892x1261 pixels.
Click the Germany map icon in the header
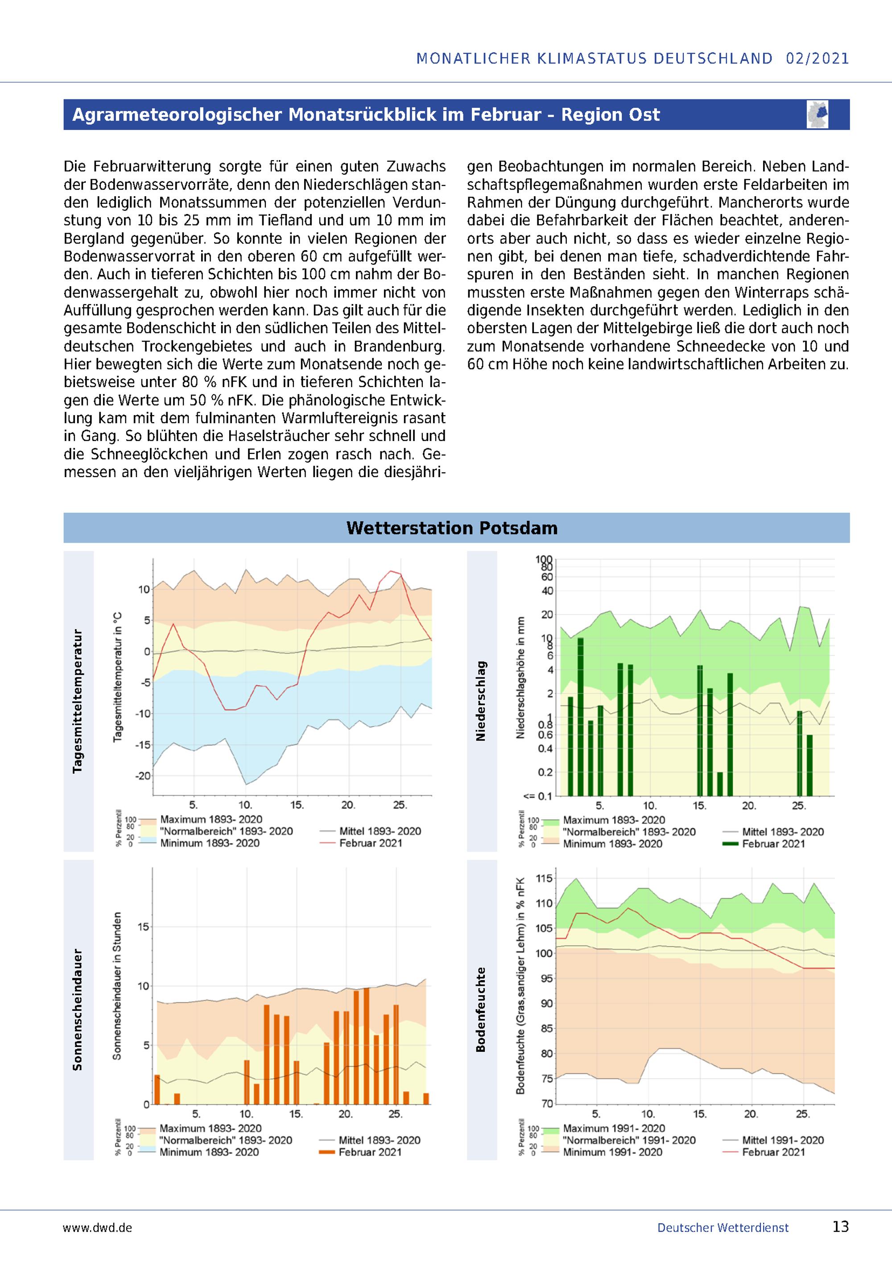(818, 114)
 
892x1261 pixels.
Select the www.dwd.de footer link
(97, 1228)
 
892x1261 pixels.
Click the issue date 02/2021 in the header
(818, 59)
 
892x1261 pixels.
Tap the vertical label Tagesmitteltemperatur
(78, 701)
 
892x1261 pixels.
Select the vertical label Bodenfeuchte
(481, 1010)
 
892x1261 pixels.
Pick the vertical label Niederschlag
(481, 701)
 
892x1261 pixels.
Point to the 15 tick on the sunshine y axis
(143, 927)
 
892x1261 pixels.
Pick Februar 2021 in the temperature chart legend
(371, 843)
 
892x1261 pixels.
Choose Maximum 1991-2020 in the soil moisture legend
(614, 1129)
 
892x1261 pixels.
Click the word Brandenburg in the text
(399, 346)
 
